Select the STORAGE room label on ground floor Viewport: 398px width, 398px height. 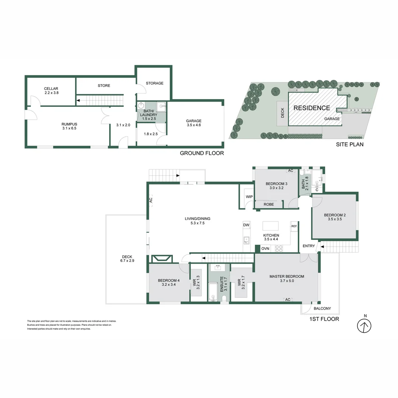point(154,83)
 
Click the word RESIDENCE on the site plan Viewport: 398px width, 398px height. point(312,108)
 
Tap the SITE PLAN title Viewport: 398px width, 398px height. point(349,144)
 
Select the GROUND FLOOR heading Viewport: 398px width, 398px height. point(202,153)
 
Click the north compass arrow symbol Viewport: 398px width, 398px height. point(364,325)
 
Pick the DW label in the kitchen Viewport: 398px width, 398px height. point(246,225)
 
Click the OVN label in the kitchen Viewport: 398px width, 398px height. point(265,249)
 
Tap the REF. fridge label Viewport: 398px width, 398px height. point(294,226)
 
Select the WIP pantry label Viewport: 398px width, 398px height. point(249,197)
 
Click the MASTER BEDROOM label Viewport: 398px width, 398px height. point(287,276)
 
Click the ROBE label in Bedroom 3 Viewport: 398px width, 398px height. point(269,204)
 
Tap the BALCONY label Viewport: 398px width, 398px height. point(322,308)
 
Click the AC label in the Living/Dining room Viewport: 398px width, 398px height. point(150,200)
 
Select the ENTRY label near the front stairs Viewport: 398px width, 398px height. point(309,246)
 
